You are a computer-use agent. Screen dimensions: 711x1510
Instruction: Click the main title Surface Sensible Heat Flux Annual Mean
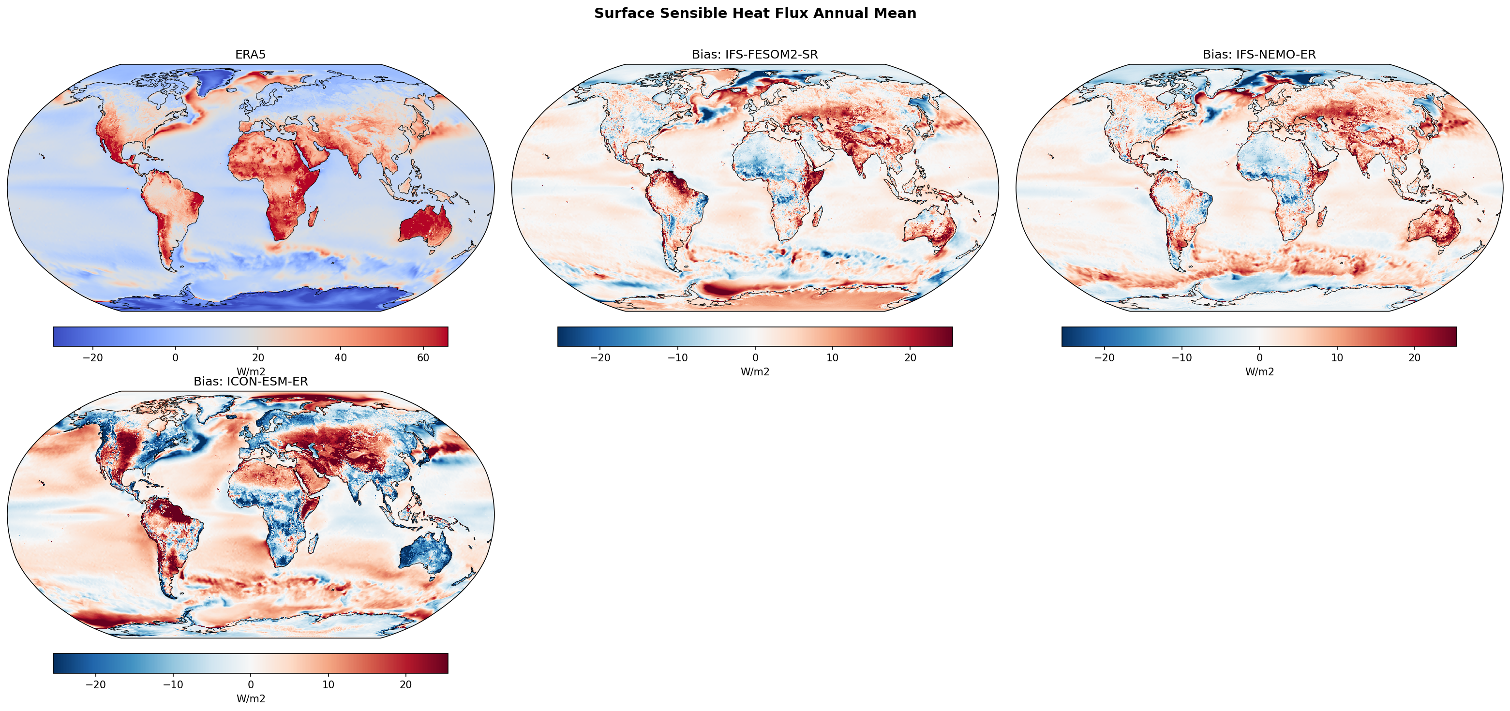[755, 14]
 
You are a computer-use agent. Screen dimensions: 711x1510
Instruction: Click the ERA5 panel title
[250, 55]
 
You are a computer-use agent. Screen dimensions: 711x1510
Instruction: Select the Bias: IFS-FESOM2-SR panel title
[754, 55]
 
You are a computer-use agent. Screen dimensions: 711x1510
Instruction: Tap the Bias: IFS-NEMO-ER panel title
[1259, 55]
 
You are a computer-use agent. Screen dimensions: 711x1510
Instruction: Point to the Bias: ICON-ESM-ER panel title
[250, 382]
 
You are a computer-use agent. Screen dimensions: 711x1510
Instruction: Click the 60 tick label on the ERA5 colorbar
[423, 357]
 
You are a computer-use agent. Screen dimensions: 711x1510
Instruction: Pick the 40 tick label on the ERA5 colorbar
[340, 357]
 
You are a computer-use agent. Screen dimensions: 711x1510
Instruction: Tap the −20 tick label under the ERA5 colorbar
[92, 357]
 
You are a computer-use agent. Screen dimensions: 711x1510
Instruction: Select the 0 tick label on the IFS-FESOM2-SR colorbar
[755, 357]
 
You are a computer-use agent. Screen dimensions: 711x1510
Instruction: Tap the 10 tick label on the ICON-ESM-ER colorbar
[328, 684]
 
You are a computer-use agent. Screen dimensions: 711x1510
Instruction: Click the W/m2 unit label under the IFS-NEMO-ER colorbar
[1259, 371]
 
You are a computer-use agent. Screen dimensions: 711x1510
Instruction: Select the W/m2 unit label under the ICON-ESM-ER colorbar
[250, 699]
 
